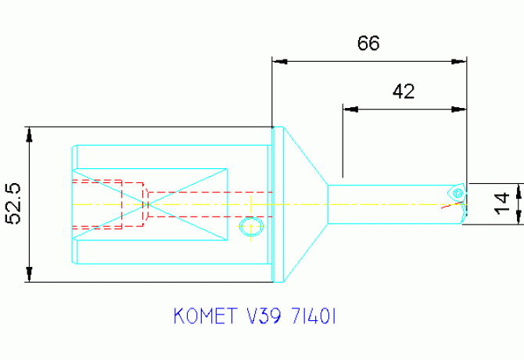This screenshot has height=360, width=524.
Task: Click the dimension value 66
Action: [x=368, y=44]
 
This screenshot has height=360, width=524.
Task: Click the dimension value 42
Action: [x=403, y=92]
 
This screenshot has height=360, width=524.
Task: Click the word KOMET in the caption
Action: [x=203, y=317]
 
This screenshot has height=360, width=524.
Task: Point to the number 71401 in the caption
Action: [x=313, y=317]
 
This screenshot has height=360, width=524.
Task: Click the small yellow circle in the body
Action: [x=251, y=226]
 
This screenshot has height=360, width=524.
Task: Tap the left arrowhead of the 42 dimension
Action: [x=349, y=110]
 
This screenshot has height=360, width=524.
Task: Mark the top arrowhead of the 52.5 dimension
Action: [x=29, y=134]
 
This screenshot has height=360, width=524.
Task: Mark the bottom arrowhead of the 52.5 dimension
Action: [x=29, y=275]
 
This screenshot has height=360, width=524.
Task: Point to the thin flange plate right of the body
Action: [x=275, y=203]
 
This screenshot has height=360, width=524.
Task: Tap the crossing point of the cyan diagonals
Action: [x=147, y=204]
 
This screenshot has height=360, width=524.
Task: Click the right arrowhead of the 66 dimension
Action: [x=461, y=60]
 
